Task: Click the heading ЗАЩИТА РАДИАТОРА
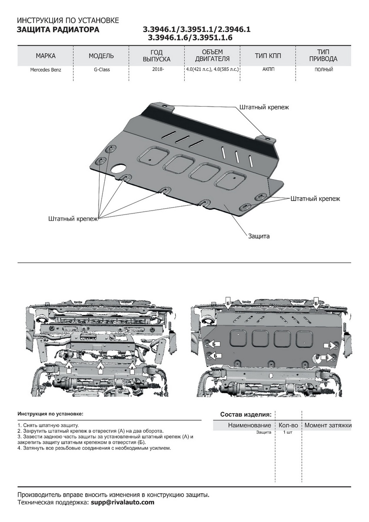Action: click(58, 30)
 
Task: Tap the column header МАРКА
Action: click(46, 56)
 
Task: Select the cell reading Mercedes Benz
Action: click(46, 70)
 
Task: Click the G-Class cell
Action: click(101, 70)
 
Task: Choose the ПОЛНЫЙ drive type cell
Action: click(323, 69)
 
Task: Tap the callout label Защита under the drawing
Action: click(259, 236)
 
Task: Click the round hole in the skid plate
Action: click(118, 170)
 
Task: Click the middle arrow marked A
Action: click(100, 368)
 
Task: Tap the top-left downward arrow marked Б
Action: click(227, 304)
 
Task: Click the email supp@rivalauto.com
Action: click(123, 502)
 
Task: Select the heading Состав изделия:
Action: click(246, 414)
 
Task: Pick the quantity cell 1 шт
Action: click(287, 432)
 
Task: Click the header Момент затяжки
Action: click(328, 425)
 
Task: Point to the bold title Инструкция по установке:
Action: click(50, 414)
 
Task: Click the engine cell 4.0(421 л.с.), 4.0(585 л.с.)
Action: click(213, 69)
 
